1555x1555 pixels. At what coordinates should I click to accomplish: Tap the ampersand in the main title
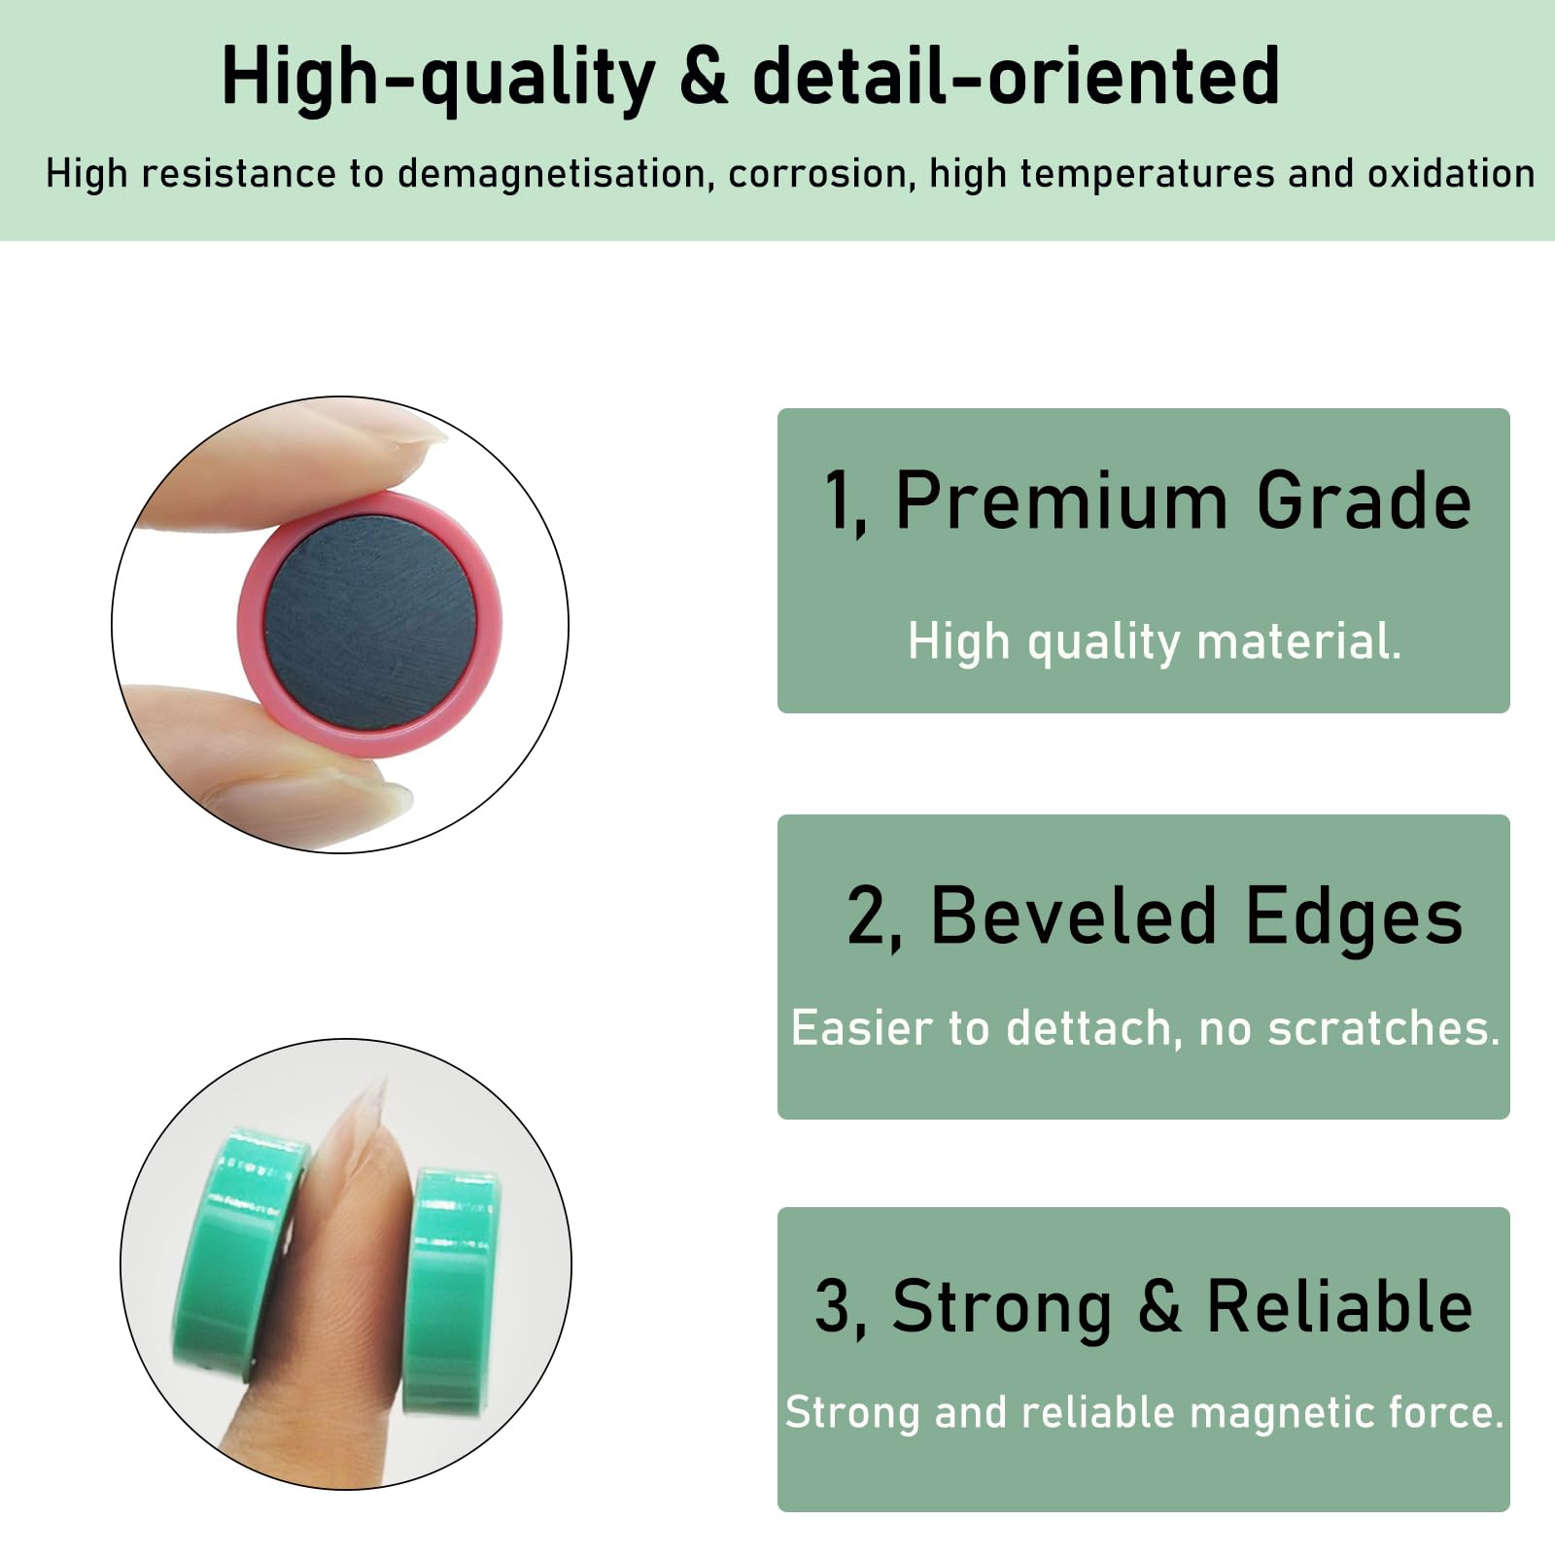tap(704, 76)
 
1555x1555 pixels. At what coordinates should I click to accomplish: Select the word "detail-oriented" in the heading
tap(1016, 75)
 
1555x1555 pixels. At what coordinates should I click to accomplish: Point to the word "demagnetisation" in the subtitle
tap(551, 174)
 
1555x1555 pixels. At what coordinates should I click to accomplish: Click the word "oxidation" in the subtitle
tap(1451, 173)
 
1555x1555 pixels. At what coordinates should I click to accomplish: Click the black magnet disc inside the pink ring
tap(370, 624)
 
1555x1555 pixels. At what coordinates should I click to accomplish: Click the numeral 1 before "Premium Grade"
tap(837, 500)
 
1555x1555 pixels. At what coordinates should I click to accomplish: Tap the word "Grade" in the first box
tap(1364, 500)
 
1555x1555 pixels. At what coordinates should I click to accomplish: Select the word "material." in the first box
tap(1299, 641)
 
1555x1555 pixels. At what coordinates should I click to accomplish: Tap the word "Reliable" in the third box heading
tap(1339, 1306)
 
